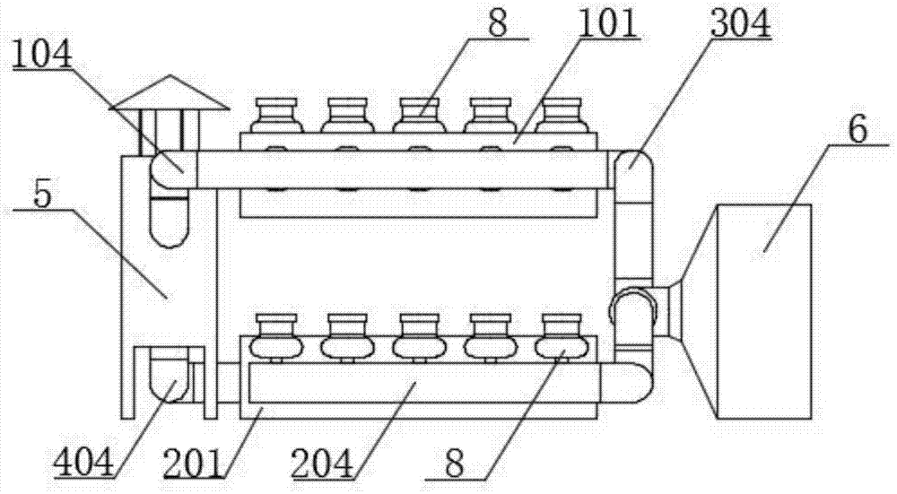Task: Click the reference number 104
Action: (x=43, y=56)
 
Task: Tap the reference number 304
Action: (x=740, y=24)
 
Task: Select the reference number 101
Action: (x=607, y=24)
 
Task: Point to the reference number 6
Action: (x=858, y=130)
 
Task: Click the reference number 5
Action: (x=43, y=195)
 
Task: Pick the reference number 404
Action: (x=84, y=464)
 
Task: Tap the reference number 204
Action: (x=322, y=464)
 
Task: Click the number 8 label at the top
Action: (x=498, y=24)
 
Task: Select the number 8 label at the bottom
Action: (x=454, y=464)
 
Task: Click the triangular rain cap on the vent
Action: (x=170, y=92)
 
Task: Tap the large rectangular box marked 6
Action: (x=763, y=312)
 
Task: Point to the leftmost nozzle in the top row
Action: (x=276, y=116)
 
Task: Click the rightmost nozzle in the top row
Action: (x=562, y=116)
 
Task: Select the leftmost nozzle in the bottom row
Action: (x=275, y=338)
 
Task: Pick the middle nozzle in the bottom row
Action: (x=419, y=338)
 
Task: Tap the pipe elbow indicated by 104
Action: (x=171, y=169)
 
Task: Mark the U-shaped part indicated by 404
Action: (x=169, y=375)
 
